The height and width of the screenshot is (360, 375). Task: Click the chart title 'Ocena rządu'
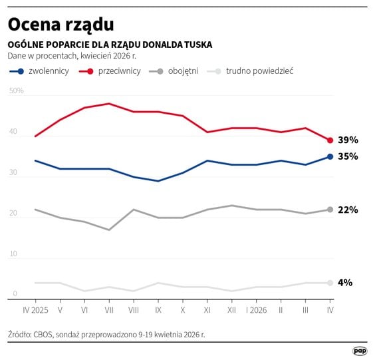(x=61, y=25)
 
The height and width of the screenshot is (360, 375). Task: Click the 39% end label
(x=348, y=140)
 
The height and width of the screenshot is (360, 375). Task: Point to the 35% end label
(x=348, y=156)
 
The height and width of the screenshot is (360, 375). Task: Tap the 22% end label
(x=348, y=210)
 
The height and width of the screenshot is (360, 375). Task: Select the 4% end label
(x=345, y=282)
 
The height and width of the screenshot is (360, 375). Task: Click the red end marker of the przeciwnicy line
(x=330, y=140)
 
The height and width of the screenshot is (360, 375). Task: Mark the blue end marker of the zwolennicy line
(x=330, y=156)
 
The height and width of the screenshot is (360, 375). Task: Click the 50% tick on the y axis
(x=17, y=90)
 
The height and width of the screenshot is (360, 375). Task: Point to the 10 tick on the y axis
(x=13, y=254)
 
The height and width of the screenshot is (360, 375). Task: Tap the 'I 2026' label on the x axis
(x=257, y=310)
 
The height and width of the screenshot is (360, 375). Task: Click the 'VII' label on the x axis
(x=109, y=310)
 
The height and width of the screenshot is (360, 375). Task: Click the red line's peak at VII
(x=109, y=104)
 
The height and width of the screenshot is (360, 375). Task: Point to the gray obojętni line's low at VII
(x=109, y=230)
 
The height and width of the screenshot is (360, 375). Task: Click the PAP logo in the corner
(x=360, y=350)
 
